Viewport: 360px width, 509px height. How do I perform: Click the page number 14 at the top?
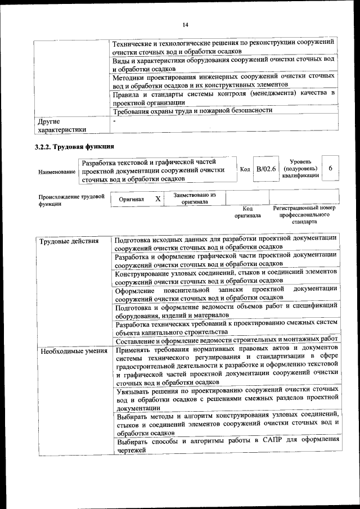185,24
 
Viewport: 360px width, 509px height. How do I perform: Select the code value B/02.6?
266,169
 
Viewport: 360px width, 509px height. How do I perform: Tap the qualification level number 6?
330,169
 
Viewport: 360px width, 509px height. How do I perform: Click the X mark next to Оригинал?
158,199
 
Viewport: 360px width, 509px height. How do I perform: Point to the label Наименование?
57,170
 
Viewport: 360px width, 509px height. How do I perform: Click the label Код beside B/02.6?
245,169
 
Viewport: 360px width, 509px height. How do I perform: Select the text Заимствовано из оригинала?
195,198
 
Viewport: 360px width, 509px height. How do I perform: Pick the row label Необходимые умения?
66,351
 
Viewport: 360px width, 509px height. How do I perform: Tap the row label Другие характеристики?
61,125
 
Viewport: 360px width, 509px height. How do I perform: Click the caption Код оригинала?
247,212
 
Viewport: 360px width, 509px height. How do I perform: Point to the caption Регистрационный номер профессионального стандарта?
304,215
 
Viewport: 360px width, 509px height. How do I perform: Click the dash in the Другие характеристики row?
114,120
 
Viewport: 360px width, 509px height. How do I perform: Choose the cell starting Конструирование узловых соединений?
226,276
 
